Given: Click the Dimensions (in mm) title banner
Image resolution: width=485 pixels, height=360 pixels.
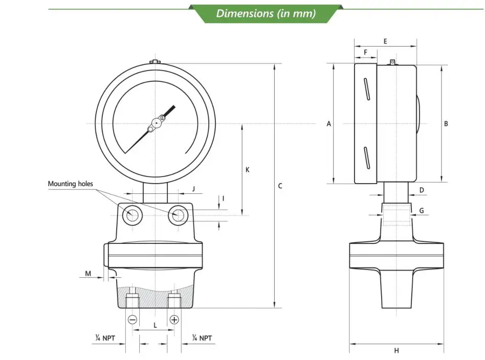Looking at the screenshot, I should tap(266, 13).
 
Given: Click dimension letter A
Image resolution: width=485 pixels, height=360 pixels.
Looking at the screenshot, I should tap(329, 124).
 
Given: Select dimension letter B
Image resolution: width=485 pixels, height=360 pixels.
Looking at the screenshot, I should tap(446, 124).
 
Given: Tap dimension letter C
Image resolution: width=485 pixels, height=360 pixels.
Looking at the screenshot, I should tap(280, 186).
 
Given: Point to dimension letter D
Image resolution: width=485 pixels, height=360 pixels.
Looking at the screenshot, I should tap(422, 190).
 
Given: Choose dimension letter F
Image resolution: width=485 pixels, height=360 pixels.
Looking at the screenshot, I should tap(366, 52).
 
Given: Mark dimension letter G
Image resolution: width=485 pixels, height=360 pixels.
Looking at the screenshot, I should tap(422, 211).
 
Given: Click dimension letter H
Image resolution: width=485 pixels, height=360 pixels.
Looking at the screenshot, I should tap(396, 350).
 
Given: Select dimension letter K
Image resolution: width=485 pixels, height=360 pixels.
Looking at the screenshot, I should tap(247, 169).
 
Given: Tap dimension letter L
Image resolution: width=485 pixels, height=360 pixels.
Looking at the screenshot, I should tap(155, 325).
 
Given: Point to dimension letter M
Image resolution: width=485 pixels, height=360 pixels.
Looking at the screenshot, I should tap(88, 274).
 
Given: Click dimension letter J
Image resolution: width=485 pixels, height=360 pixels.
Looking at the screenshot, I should tap(193, 189).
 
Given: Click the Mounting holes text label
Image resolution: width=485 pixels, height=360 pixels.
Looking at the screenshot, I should tap(71, 184).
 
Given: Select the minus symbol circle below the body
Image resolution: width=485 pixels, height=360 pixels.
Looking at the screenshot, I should tap(133, 320).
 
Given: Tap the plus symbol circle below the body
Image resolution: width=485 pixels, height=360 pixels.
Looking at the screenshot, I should tap(174, 320).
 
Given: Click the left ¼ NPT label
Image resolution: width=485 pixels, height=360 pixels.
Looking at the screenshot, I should tap(104, 338).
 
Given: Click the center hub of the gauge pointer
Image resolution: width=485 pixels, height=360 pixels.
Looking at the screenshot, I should tap(156, 123).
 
